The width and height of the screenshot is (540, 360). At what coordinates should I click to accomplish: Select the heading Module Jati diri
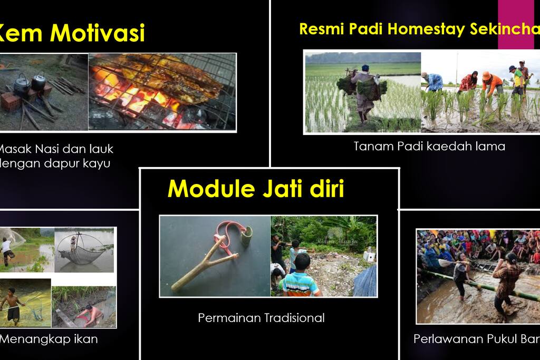pyautogui.click(x=255, y=188)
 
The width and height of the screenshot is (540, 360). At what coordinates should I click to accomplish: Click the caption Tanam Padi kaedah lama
pyautogui.click(x=429, y=146)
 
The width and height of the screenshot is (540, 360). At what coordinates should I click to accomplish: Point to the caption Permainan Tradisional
pyautogui.click(x=261, y=318)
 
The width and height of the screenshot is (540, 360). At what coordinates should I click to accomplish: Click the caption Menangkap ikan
pyautogui.click(x=49, y=338)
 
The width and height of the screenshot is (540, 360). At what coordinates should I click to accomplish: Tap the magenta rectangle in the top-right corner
pyautogui.click(x=518, y=24)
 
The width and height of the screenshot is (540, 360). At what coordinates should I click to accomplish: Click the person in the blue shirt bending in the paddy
pyautogui.click(x=435, y=81)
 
